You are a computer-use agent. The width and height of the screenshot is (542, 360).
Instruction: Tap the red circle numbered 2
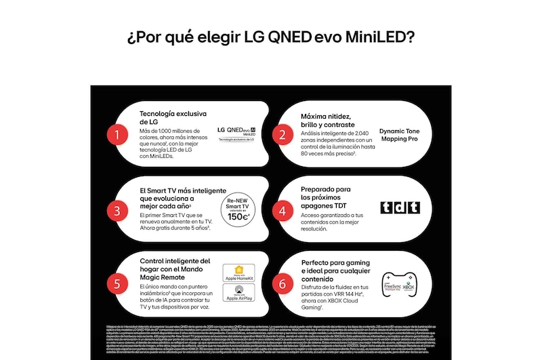pyautogui.click(x=282, y=134)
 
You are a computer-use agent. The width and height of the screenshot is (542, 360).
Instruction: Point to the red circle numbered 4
pyautogui.click(x=282, y=210)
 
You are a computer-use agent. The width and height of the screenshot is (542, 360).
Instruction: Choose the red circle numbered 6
pyautogui.click(x=282, y=284)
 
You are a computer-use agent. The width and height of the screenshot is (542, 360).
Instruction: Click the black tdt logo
pyautogui.click(x=399, y=207)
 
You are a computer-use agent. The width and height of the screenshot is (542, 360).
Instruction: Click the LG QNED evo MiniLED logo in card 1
pyautogui.click(x=236, y=131)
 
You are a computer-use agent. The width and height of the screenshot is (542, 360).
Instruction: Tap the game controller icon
pyautogui.click(x=398, y=283)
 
